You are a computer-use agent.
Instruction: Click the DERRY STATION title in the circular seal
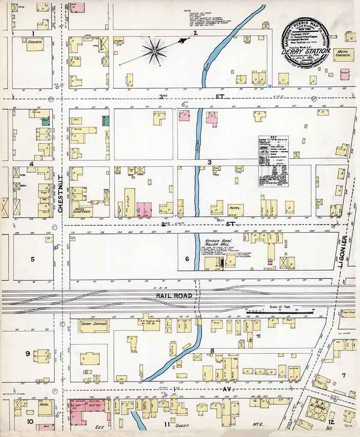point(306,52)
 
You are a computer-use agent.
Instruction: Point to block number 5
point(32,259)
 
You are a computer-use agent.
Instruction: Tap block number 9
point(27,353)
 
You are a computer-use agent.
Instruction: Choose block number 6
point(187,259)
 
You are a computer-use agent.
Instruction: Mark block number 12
point(331,422)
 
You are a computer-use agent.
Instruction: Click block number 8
point(211,351)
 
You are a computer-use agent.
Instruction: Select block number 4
point(31,164)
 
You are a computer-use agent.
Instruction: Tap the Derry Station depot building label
point(93,324)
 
